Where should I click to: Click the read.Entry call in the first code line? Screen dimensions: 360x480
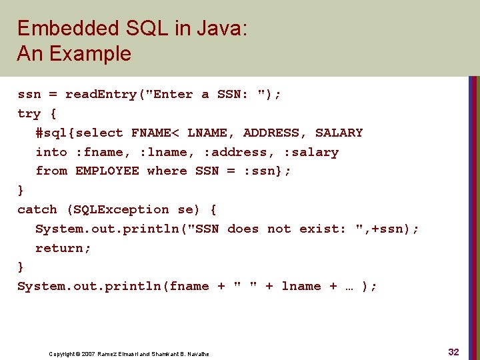coord(100,95)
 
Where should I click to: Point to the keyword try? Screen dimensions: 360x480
coord(29,114)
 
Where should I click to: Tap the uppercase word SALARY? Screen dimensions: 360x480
coord(339,133)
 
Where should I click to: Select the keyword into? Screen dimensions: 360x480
coord(51,153)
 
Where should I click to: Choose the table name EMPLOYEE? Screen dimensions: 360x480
coord(107,171)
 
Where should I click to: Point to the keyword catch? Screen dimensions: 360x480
coord(37,210)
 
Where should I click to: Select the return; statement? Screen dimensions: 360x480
coord(63,249)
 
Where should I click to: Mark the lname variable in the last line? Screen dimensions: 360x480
coord(301,287)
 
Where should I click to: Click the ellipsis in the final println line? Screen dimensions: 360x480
coord(351,287)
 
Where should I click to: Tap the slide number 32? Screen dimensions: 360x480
coord(453,352)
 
